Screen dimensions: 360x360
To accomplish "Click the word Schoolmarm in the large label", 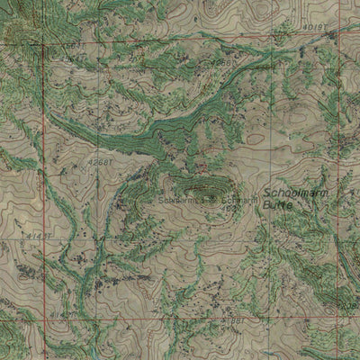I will pos(293,193).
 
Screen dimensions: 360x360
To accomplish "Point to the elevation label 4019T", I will pos(313,28).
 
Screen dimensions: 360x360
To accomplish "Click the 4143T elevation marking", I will pos(36,236).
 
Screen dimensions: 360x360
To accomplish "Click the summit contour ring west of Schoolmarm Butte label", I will pos(196,188).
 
